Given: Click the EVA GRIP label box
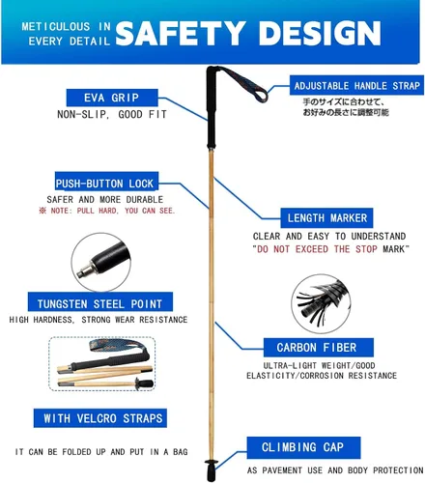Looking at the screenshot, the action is tap(112, 98).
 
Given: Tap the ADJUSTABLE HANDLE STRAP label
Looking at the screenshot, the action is tap(356, 85).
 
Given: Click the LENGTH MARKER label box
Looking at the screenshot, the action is tap(326, 218).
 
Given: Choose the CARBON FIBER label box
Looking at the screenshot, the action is tap(319, 348).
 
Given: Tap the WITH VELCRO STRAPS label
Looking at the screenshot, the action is tap(100, 418).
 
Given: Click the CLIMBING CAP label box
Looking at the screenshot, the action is tap(303, 447).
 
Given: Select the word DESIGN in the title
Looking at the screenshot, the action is tap(320, 33).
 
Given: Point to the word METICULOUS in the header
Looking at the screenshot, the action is tap(56, 26).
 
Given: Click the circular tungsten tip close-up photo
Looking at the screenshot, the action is tap(100, 263).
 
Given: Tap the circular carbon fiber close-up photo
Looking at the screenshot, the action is tap(321, 303).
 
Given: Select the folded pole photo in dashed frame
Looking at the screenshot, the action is tap(102, 364).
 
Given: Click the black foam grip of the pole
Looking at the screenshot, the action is tap(212, 108).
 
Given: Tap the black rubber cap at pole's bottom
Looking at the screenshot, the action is tap(212, 471).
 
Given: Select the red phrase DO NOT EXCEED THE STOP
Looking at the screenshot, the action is tap(317, 249).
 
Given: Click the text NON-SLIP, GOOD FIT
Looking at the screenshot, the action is tap(112, 114).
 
